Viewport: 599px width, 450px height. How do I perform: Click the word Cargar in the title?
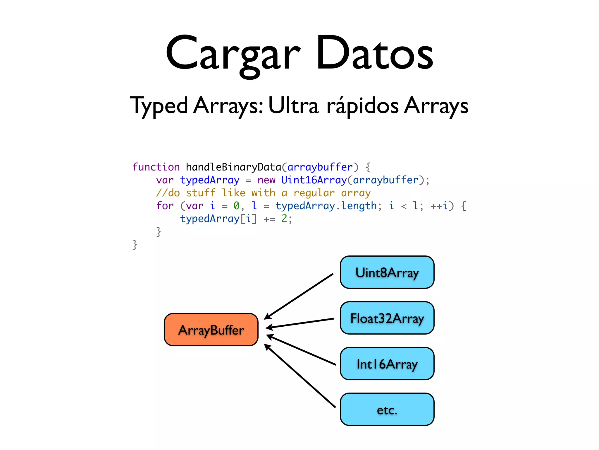[x=233, y=54]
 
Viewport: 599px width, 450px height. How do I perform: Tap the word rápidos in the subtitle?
[x=362, y=105]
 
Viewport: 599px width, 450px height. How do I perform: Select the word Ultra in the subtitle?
[x=293, y=105]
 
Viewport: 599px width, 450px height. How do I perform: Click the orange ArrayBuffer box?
[x=211, y=330]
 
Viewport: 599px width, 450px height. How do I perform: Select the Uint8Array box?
[x=387, y=272]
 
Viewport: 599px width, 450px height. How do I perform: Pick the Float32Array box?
[x=387, y=318]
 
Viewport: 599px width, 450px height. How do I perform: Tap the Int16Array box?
[x=387, y=364]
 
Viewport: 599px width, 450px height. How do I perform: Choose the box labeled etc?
[x=387, y=410]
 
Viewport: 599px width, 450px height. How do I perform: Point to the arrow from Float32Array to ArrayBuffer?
[x=300, y=323]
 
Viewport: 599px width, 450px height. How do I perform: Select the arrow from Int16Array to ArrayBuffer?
[x=301, y=350]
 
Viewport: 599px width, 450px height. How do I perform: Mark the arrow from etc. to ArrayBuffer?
[x=300, y=376]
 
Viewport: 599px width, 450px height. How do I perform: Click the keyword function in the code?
[x=156, y=167]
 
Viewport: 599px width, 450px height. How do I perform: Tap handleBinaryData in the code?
[x=233, y=167]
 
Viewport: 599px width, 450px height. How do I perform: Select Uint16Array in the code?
[x=314, y=180]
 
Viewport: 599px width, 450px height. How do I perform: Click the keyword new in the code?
[x=266, y=180]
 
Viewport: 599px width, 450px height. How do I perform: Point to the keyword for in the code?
[x=165, y=206]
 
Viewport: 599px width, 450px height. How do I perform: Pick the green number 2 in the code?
[x=284, y=219]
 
